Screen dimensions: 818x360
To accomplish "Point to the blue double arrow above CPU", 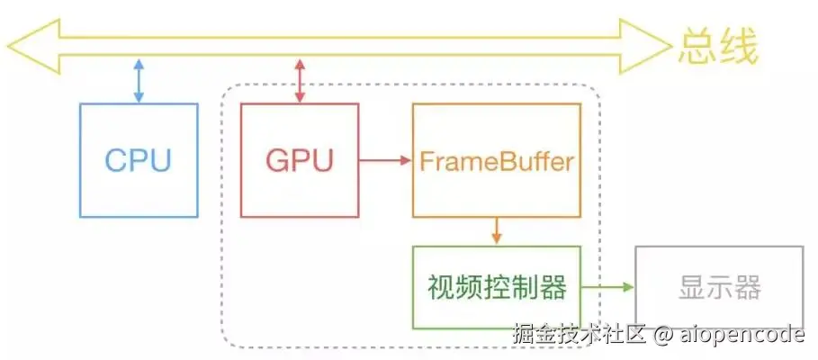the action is pyautogui.click(x=138, y=82).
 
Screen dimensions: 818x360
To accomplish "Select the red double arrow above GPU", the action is pyautogui.click(x=301, y=82).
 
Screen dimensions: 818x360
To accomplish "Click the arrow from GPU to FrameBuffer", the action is pyautogui.click(x=385, y=161).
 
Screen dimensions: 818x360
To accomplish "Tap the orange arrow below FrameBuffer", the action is pyautogui.click(x=496, y=231).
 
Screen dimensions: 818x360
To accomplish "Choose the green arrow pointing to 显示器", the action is pyautogui.click(x=607, y=288).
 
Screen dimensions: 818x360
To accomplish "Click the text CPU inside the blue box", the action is pyautogui.click(x=138, y=160).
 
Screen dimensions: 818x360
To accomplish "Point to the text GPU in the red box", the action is pyautogui.click(x=300, y=160).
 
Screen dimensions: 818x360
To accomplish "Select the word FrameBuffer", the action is pyautogui.click(x=496, y=162).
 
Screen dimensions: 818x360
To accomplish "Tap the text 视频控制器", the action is pyautogui.click(x=497, y=288).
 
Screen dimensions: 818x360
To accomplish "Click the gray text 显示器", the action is pyautogui.click(x=717, y=288).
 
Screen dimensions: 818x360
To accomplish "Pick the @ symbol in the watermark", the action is pyautogui.click(x=662, y=336).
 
